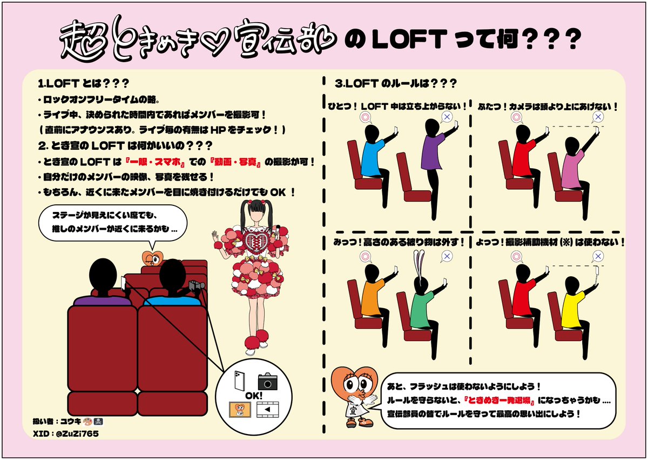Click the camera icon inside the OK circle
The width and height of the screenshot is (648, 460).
267,381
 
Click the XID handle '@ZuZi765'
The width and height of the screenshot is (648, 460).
73,434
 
